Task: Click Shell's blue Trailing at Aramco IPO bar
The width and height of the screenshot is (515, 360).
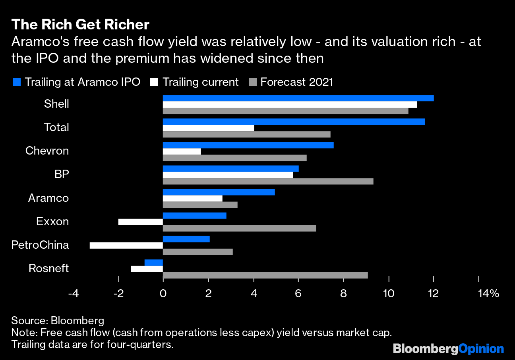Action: (298, 98)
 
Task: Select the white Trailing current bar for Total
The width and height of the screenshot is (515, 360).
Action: (208, 128)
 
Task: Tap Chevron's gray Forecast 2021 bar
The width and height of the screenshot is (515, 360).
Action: (234, 158)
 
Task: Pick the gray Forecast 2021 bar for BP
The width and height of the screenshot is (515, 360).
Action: (268, 181)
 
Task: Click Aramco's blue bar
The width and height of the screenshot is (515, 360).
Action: (219, 192)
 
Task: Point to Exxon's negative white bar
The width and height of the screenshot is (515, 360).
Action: (141, 222)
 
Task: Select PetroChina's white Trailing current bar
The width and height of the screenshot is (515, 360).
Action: (126, 245)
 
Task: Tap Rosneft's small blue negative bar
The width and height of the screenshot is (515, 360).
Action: (154, 263)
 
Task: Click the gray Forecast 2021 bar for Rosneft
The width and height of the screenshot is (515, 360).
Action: (265, 275)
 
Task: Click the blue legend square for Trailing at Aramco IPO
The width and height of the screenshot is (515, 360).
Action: (16, 82)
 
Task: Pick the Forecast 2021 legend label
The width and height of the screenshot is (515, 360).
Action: (296, 82)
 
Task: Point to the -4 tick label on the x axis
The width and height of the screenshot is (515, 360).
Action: (73, 294)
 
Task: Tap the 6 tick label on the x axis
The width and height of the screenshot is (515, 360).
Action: (298, 294)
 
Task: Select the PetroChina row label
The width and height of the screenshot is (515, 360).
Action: (40, 245)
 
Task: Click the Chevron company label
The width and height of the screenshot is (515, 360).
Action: (47, 151)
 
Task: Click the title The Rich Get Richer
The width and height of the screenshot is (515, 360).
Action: (80, 25)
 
